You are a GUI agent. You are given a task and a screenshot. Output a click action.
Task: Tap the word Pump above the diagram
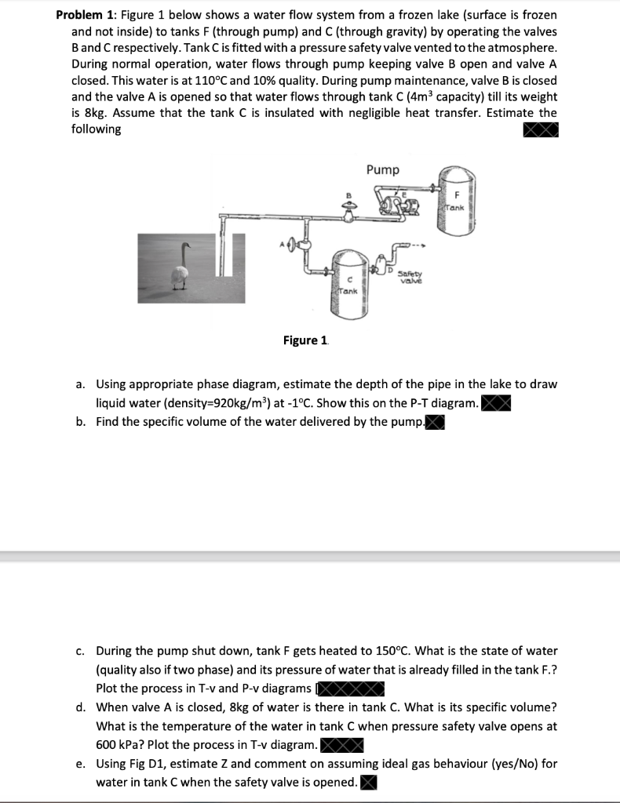click(382, 170)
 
